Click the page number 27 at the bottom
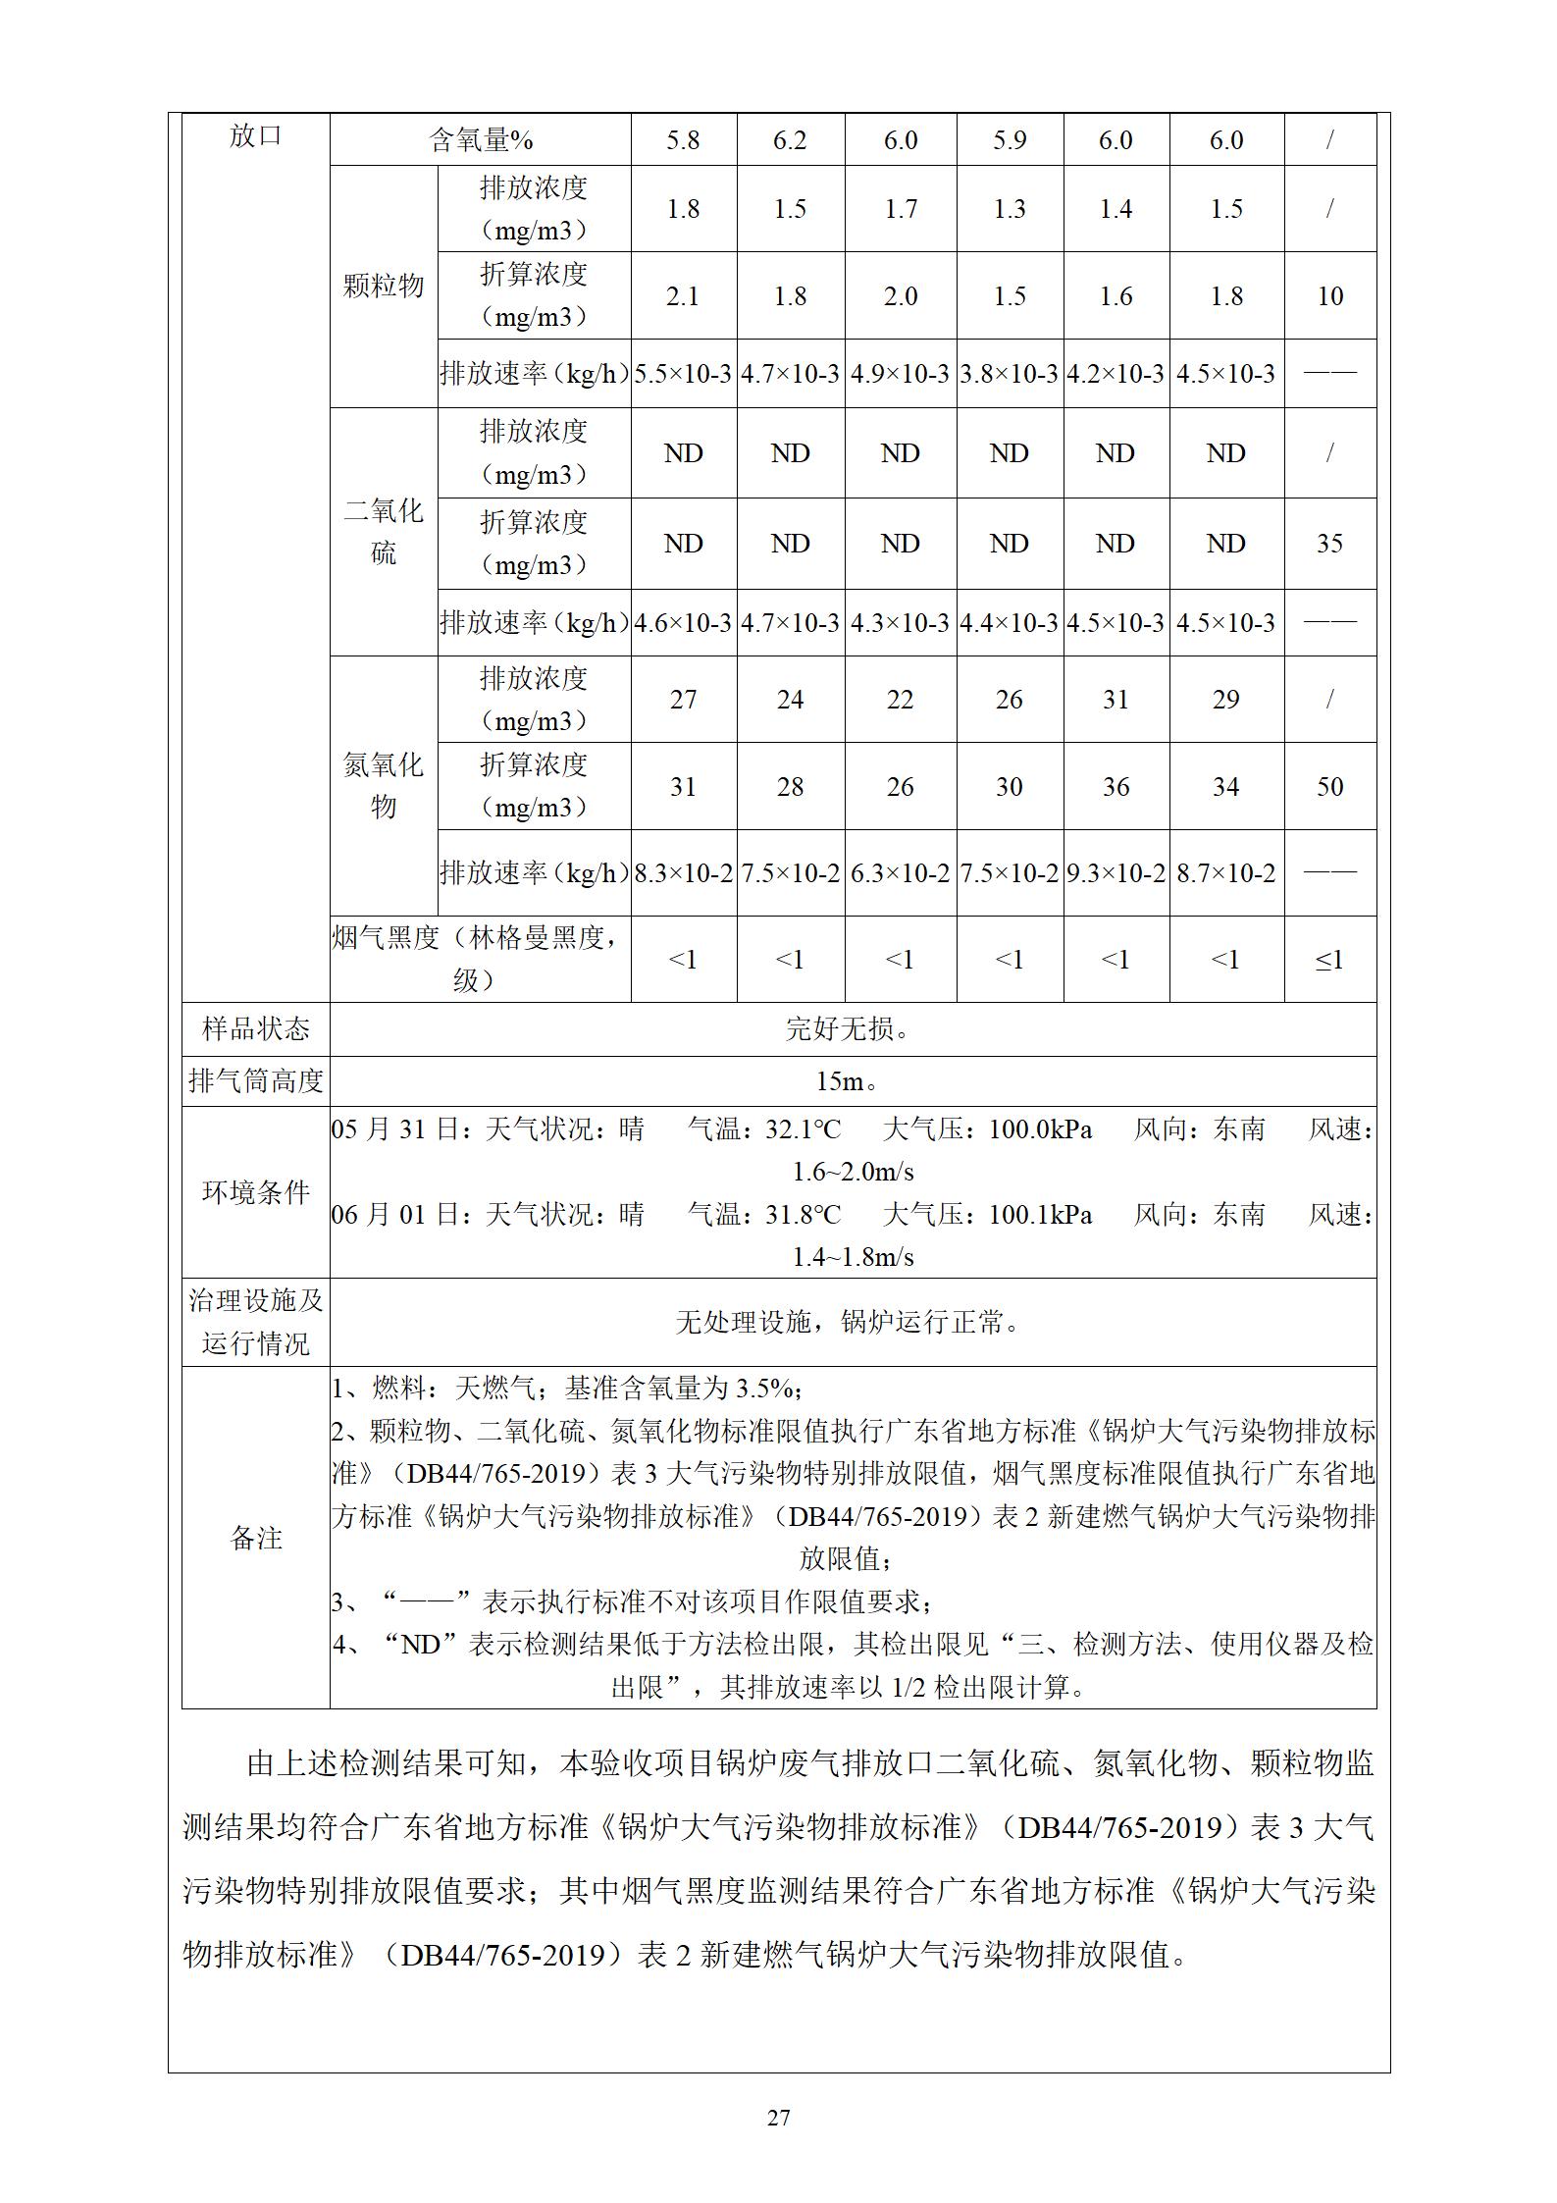click(778, 2118)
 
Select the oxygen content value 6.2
click(790, 140)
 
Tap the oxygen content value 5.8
click(683, 140)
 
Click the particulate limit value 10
click(1329, 296)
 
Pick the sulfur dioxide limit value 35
click(1329, 544)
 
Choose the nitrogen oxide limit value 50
click(1329, 787)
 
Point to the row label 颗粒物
click(384, 286)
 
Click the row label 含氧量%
click(481, 140)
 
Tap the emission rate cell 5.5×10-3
click(683, 374)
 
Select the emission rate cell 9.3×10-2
click(1116, 873)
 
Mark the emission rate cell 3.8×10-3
click(1009, 374)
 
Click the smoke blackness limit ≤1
click(1329, 960)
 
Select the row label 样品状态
click(255, 1029)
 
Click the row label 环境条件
click(255, 1192)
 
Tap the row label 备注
click(255, 1538)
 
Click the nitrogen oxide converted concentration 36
click(1116, 787)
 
